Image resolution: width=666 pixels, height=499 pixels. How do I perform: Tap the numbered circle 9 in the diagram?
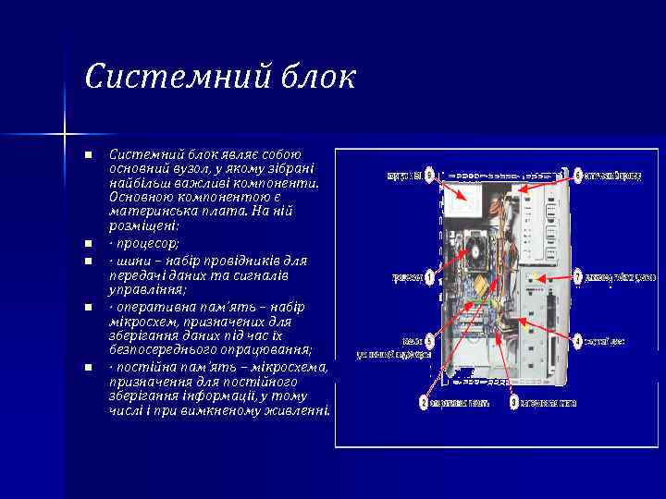[x=429, y=176]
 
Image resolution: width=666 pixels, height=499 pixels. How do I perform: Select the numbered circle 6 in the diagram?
[x=578, y=175]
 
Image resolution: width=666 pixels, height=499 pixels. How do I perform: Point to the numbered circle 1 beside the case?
[x=429, y=276]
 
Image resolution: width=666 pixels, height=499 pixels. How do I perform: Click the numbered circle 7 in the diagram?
[x=578, y=276]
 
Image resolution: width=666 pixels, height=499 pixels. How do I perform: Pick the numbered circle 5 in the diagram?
[x=429, y=341]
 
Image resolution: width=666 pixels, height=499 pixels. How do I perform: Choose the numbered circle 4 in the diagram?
[x=578, y=341]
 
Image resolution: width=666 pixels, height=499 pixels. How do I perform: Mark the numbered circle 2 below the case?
[x=424, y=403]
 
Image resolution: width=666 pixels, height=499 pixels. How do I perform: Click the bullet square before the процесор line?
[x=87, y=244]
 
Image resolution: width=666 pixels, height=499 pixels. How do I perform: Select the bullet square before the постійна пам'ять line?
[x=87, y=368]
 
